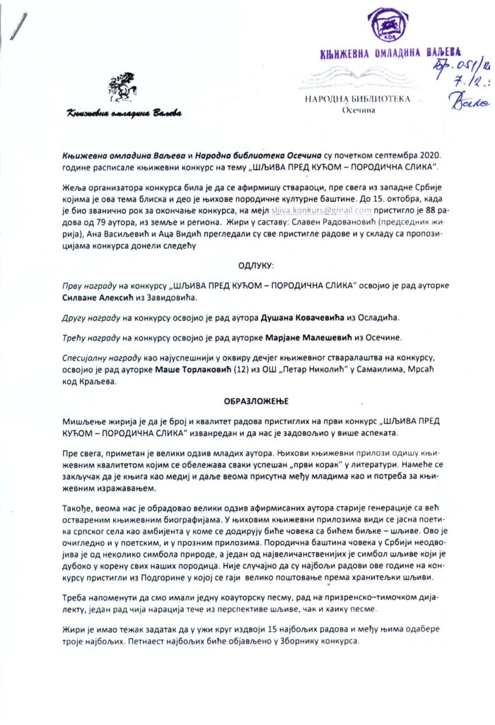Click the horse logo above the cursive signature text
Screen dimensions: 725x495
point(121,88)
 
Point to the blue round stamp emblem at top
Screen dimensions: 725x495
point(386,29)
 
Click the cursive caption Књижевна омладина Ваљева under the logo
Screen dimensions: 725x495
point(124,113)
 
